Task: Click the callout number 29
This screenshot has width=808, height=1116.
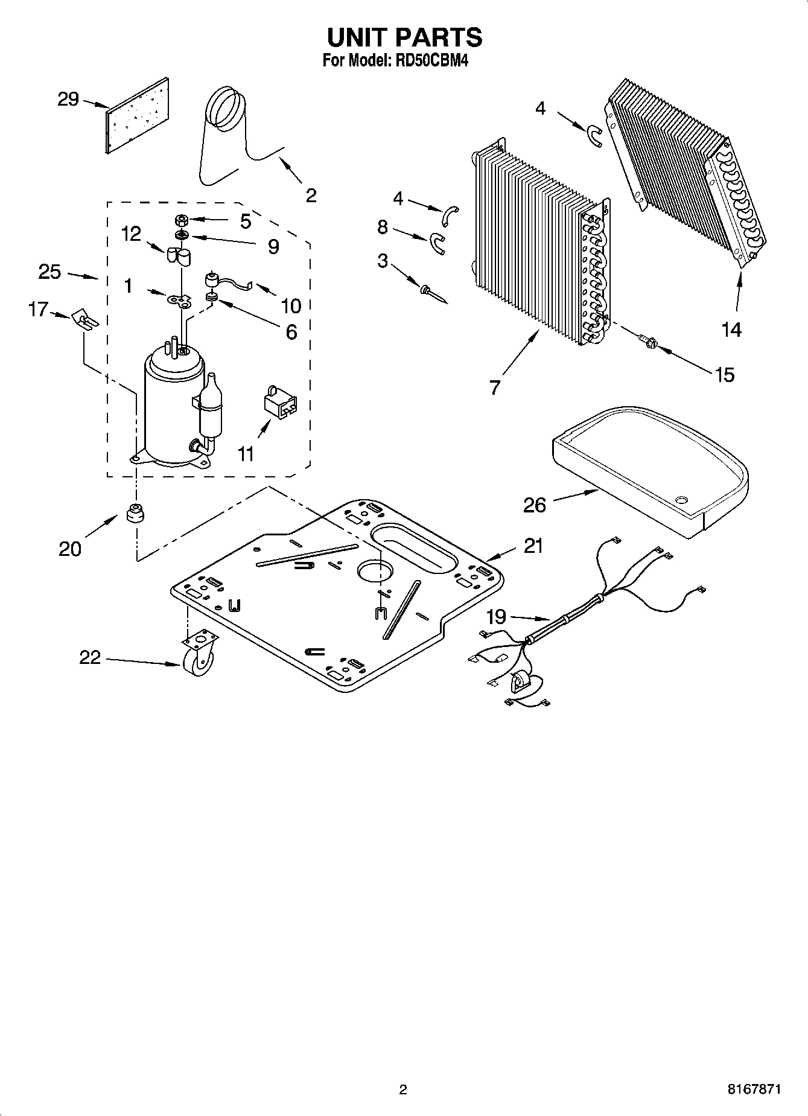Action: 68,99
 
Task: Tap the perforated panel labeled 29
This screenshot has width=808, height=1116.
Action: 138,115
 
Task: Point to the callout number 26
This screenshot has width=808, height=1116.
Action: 534,505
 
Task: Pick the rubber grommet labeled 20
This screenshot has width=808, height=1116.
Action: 137,513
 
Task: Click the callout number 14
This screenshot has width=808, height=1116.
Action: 731,330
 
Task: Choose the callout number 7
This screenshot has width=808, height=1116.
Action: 495,387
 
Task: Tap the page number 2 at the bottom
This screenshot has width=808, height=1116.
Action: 403,1089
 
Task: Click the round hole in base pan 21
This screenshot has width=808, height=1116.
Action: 375,571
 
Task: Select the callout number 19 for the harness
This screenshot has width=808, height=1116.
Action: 496,616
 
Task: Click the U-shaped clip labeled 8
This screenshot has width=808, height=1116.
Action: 436,242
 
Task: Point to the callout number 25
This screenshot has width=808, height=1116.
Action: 49,272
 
